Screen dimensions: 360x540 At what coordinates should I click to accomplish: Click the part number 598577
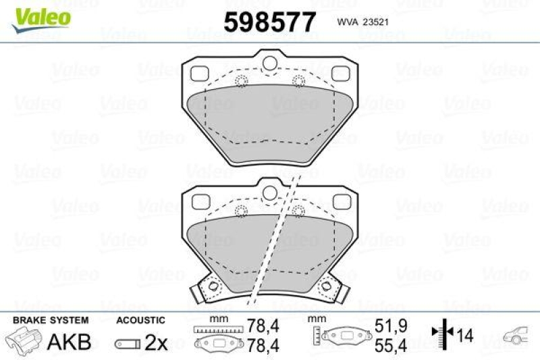[269, 23]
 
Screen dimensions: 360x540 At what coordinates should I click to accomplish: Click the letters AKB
[68, 342]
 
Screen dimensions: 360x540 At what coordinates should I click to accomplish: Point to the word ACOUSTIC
[140, 319]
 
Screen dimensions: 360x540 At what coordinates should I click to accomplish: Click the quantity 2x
[156, 342]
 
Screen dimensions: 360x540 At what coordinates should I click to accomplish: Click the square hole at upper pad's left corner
[200, 72]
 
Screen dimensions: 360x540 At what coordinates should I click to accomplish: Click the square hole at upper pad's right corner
[341, 72]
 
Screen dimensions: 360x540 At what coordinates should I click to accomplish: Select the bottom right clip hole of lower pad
[330, 288]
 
